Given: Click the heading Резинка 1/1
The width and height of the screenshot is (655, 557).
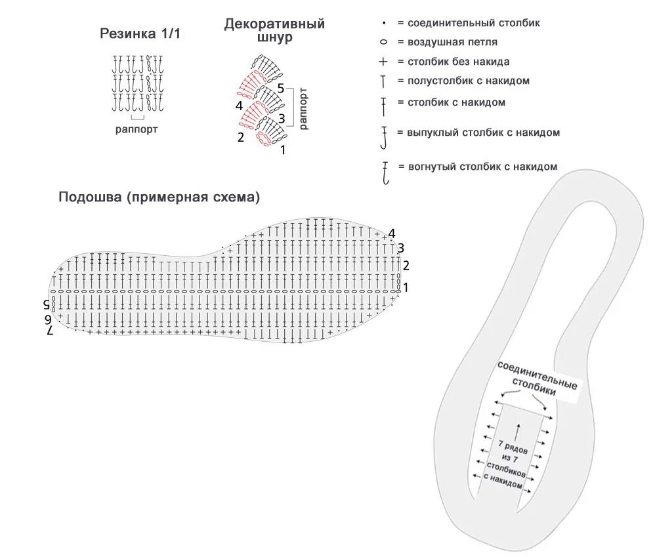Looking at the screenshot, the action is click(139, 34).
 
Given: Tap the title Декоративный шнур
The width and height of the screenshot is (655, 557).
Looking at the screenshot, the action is click(274, 31).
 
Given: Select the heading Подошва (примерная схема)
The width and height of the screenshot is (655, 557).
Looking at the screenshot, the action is click(159, 197).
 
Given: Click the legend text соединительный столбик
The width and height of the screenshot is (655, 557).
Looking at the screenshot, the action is click(474, 23).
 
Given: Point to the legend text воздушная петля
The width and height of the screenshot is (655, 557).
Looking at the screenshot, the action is click(452, 42).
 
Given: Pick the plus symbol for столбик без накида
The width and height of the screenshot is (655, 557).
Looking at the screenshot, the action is click(383, 62).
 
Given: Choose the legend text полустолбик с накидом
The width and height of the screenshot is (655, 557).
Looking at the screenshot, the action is click(469, 81).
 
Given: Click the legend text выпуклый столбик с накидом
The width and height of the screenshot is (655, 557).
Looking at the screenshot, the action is click(484, 133).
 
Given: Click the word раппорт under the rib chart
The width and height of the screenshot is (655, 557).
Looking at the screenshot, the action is click(137, 129).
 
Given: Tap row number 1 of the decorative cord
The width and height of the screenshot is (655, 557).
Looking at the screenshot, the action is click(283, 150).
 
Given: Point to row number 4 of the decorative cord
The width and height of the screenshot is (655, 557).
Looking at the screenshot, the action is click(239, 105).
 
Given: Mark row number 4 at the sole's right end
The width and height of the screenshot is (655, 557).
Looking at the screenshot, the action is click(392, 234).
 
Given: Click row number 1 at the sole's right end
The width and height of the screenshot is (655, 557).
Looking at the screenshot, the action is click(406, 287).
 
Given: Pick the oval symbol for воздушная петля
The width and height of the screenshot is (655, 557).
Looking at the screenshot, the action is click(383, 42).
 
